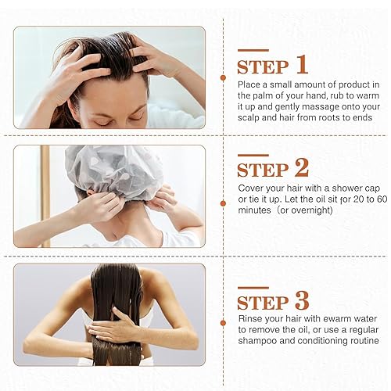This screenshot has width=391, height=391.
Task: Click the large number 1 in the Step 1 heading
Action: pos(301,64)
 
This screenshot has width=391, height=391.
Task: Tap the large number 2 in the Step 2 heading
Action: pos(300,167)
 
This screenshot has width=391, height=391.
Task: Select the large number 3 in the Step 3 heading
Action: pos(300,300)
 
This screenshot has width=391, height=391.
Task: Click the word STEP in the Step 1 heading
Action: pos(262,66)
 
